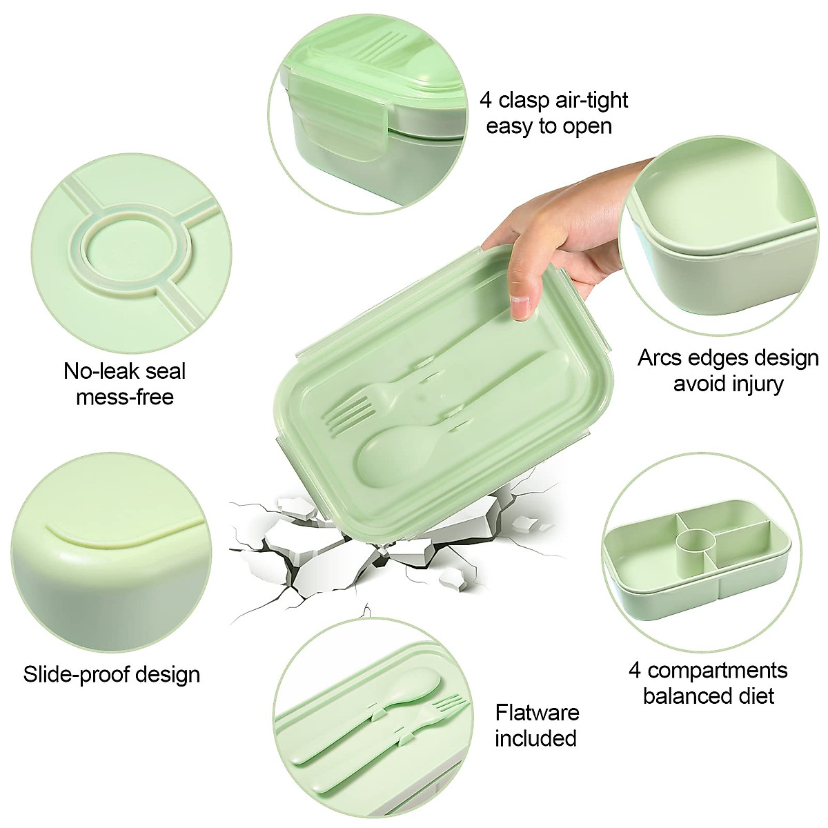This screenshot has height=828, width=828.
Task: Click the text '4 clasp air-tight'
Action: (x=554, y=101)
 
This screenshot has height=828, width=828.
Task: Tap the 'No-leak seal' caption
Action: (x=125, y=371)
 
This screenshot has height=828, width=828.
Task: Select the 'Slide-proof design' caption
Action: (x=112, y=674)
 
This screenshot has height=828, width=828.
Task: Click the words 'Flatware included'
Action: (x=537, y=725)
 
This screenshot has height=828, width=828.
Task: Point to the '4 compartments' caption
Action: (x=708, y=670)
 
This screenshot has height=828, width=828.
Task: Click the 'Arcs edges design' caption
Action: (x=728, y=358)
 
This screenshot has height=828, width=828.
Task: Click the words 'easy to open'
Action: (x=549, y=126)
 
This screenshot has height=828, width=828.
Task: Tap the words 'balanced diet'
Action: (x=708, y=696)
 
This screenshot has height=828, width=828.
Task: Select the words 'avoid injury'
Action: (x=728, y=384)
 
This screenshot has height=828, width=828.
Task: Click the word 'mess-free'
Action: (x=125, y=397)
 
